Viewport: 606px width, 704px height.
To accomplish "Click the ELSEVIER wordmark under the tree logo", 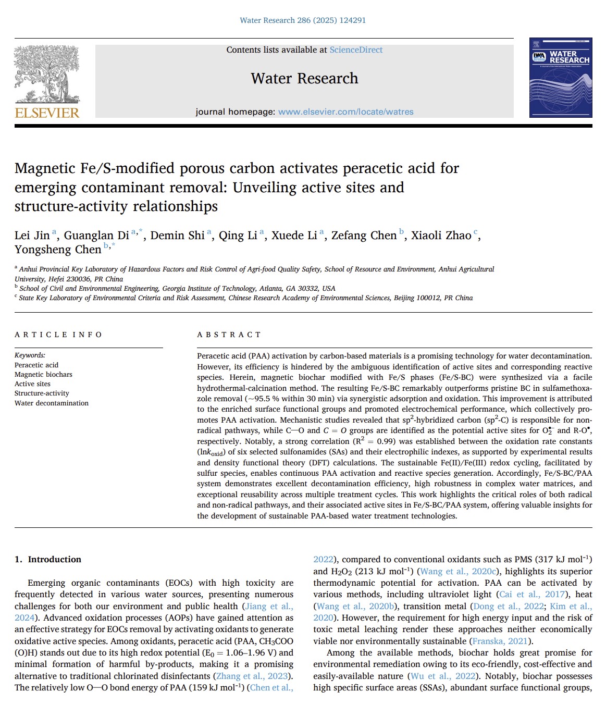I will [x=47, y=113].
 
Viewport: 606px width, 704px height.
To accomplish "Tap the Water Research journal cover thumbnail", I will [x=560, y=77].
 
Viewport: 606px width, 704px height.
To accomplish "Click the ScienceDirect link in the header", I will [x=356, y=50].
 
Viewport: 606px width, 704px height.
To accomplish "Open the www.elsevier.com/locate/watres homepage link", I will [x=345, y=112].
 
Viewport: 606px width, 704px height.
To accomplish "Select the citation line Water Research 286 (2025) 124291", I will [x=303, y=20].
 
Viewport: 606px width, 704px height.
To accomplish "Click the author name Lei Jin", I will [x=32, y=236].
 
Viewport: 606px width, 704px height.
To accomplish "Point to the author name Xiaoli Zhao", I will [x=441, y=236].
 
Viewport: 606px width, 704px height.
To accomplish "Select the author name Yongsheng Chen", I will [x=58, y=250].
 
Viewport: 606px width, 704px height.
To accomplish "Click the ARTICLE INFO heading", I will [x=58, y=335].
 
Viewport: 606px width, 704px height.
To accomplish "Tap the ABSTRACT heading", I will [x=229, y=335].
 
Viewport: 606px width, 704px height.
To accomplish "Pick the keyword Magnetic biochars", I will [x=43, y=375].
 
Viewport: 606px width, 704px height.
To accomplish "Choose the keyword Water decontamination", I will [x=52, y=403].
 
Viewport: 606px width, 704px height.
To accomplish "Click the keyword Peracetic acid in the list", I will [x=36, y=365].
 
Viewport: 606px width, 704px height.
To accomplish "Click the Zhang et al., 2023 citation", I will [x=252, y=676].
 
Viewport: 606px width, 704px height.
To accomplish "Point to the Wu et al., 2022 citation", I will [x=443, y=676].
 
